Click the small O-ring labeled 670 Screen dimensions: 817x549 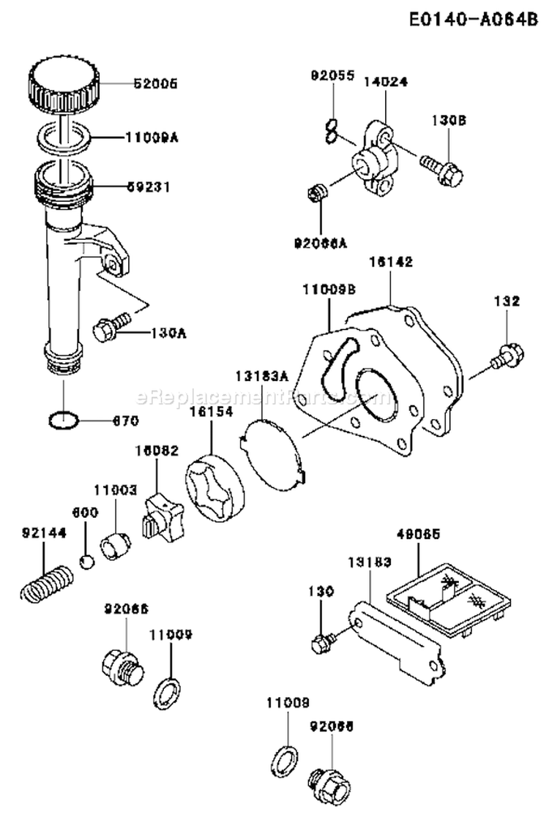click(64, 421)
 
